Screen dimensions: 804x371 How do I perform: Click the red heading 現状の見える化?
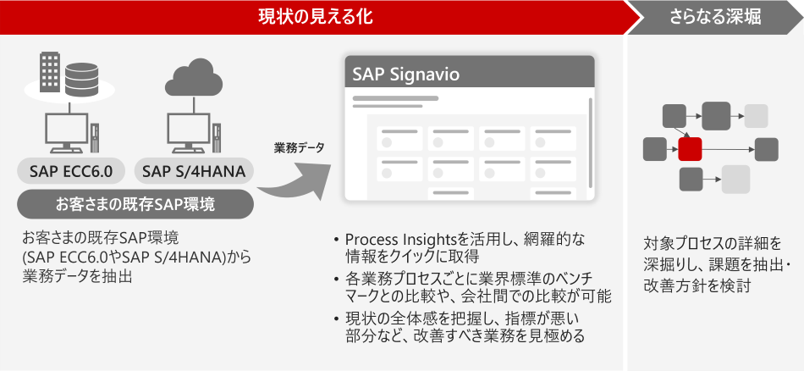click(315, 18)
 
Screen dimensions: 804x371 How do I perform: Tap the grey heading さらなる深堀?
click(716, 18)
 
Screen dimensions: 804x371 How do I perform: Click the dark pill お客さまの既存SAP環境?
click(135, 205)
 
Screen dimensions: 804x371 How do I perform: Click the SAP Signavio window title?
click(405, 75)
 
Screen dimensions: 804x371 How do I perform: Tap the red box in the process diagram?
click(690, 149)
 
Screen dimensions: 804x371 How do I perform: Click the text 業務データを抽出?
click(77, 277)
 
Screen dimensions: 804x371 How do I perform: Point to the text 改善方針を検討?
click(697, 285)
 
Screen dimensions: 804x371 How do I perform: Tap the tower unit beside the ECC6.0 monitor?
click(96, 137)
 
